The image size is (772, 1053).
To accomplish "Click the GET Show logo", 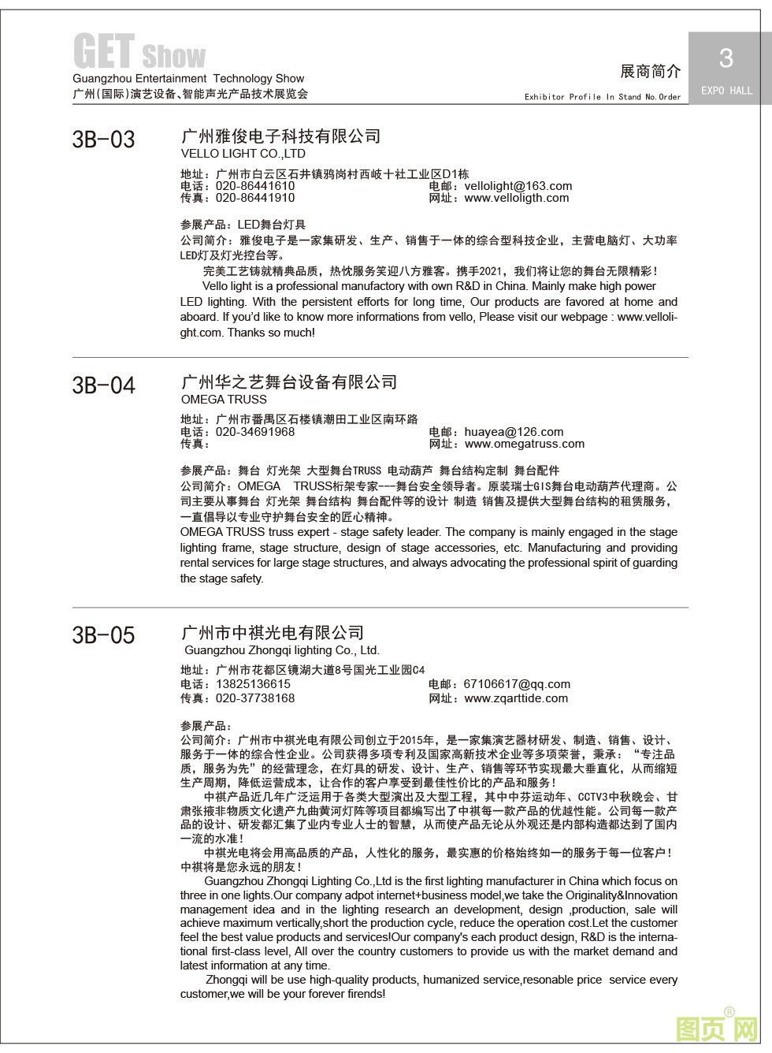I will click(x=139, y=52).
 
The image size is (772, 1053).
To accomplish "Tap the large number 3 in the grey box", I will click(x=726, y=58).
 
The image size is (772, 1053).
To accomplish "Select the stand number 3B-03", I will click(x=103, y=140).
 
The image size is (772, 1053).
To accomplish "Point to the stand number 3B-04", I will click(x=103, y=385).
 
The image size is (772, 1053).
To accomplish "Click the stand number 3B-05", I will click(x=103, y=634).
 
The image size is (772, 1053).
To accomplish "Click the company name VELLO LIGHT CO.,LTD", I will click(x=243, y=154).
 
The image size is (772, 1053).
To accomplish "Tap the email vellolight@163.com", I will click(x=518, y=186).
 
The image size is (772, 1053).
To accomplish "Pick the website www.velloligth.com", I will click(x=516, y=198).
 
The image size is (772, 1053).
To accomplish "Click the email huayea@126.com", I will click(x=514, y=432).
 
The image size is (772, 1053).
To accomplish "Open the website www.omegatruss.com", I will click(x=524, y=444).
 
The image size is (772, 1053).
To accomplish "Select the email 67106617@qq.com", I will click(x=517, y=684).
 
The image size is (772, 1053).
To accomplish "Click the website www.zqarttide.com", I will click(x=516, y=698).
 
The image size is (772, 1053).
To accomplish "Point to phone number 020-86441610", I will click(x=255, y=186).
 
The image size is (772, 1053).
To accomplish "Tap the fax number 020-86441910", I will click(x=255, y=198).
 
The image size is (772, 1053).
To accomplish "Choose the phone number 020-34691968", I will click(x=255, y=432).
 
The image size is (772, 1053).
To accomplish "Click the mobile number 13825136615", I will click(x=253, y=684).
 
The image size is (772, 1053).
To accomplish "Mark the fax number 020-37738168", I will click(x=255, y=698).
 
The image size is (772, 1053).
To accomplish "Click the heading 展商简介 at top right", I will click(x=650, y=72).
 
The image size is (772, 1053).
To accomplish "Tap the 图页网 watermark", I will click(x=717, y=1029).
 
